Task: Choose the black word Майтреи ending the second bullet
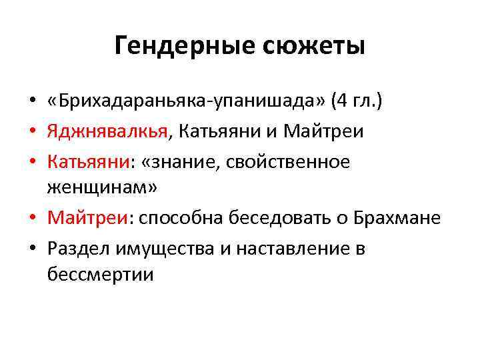click(x=323, y=131)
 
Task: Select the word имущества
click(x=159, y=249)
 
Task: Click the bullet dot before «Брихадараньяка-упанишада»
click(x=32, y=101)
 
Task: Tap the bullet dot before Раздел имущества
click(x=32, y=249)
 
